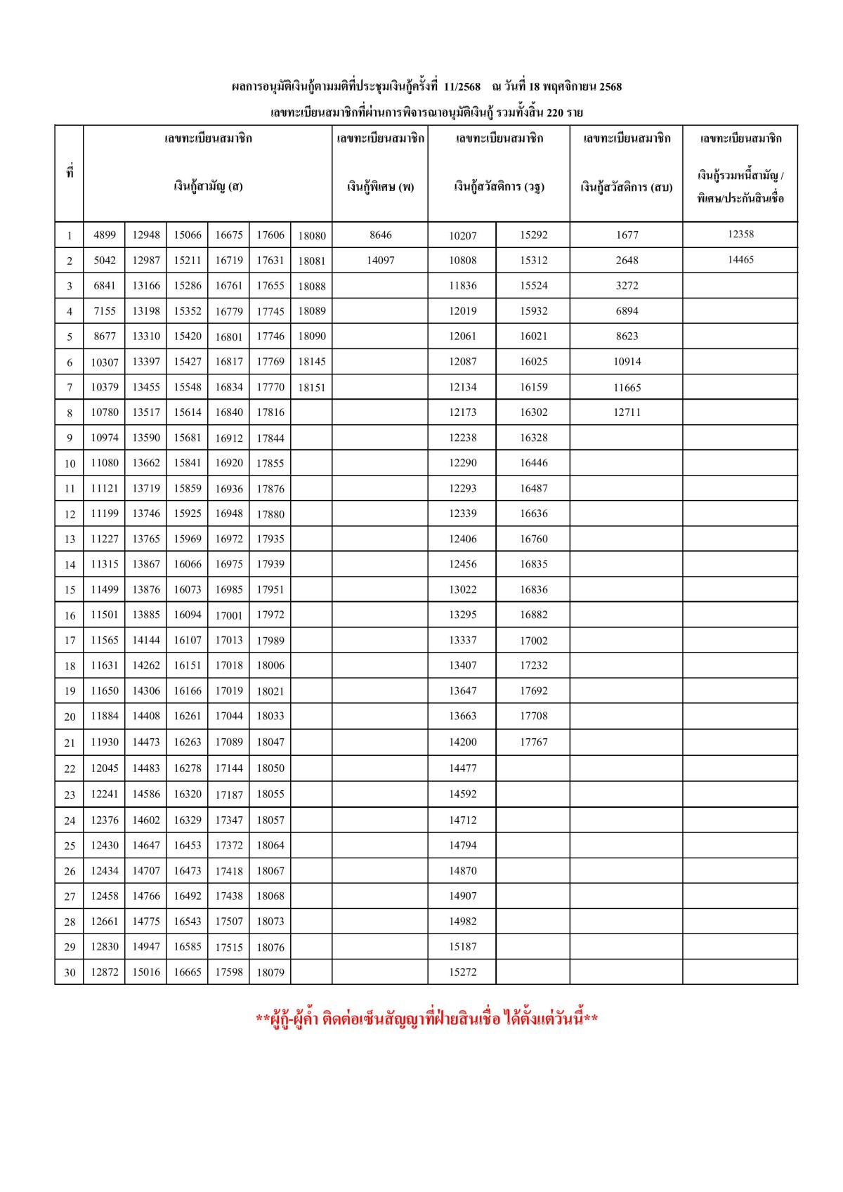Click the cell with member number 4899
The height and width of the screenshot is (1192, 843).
click(105, 235)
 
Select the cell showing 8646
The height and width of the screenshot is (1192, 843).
click(381, 235)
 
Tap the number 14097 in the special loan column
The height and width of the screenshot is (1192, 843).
click(381, 260)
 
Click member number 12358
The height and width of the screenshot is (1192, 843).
click(740, 234)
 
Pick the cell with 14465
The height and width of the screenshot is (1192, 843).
click(740, 259)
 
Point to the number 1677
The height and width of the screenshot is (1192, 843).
click(627, 235)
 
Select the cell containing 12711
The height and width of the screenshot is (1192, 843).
click(627, 412)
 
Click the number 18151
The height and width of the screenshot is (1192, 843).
click(312, 387)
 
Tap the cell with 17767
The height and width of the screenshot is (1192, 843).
click(533, 742)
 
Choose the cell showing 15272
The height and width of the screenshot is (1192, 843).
click(463, 972)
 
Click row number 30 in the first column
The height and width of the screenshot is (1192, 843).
click(70, 973)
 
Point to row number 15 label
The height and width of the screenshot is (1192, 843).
click(70, 590)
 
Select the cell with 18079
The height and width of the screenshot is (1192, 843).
click(270, 972)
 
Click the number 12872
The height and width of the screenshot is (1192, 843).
click(105, 972)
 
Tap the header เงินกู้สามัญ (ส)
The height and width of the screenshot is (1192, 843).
click(208, 187)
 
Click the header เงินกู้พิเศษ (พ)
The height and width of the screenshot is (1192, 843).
click(380, 187)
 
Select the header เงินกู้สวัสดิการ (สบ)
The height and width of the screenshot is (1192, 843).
click(626, 187)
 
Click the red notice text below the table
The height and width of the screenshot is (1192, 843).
click(426, 1019)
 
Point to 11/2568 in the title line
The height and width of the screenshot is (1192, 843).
click(462, 87)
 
